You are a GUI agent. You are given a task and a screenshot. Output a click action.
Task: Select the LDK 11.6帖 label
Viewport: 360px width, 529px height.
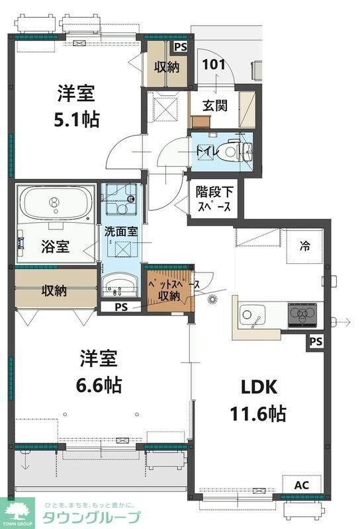coord(257,401)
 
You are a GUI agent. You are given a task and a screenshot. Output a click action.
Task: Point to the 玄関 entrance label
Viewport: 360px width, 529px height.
coord(214,104)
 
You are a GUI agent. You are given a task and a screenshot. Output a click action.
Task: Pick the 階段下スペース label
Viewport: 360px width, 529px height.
coord(214,198)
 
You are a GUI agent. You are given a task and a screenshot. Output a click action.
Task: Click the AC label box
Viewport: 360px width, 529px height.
coord(302,485)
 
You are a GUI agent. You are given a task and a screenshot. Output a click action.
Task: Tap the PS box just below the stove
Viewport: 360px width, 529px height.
coord(316,342)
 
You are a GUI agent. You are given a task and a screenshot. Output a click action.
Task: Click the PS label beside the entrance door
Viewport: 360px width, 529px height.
coord(180,47)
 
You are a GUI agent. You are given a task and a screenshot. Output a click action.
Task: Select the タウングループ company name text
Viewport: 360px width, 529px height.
coord(91,518)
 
